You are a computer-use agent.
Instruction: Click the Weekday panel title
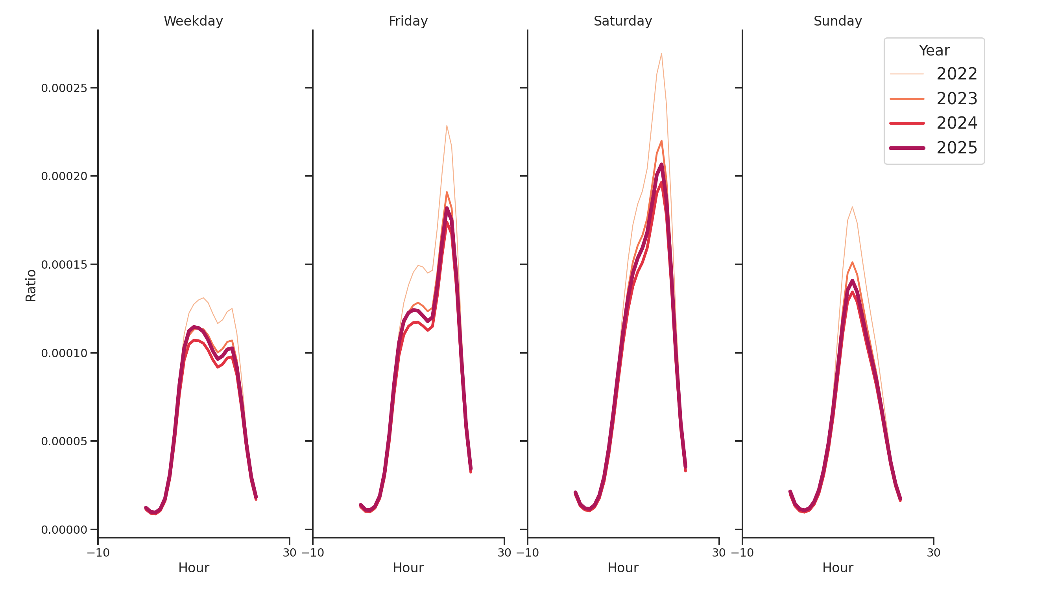(x=193, y=21)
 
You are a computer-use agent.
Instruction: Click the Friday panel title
(x=408, y=21)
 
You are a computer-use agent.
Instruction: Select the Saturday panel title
(x=623, y=21)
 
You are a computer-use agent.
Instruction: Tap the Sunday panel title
(x=838, y=21)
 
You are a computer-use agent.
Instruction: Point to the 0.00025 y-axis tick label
(x=64, y=88)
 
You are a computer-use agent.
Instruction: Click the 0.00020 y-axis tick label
(x=64, y=176)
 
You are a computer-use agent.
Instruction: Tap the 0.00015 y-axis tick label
(x=64, y=265)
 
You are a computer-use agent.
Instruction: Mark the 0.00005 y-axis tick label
(x=64, y=441)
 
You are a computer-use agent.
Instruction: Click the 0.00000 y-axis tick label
(x=64, y=529)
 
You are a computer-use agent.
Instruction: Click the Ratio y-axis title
(x=31, y=286)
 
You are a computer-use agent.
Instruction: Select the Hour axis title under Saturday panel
(x=623, y=568)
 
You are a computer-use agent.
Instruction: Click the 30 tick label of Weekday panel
(x=289, y=553)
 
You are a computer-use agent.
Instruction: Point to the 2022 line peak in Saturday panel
(x=661, y=53)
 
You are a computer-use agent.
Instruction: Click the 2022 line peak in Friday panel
(x=447, y=126)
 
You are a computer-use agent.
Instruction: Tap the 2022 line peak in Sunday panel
(x=852, y=207)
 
